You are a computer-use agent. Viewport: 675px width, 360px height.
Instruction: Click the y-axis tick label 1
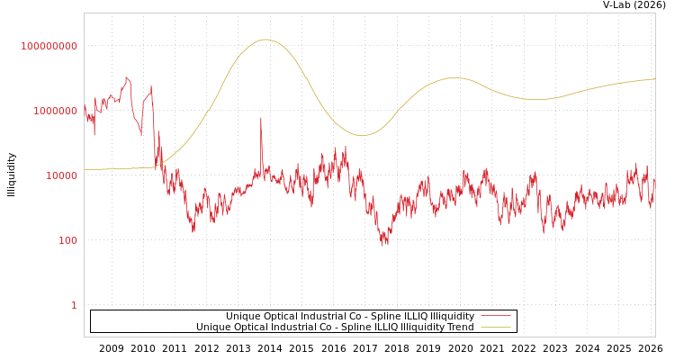[74, 305]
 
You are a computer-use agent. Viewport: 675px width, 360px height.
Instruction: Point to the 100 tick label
[68, 240]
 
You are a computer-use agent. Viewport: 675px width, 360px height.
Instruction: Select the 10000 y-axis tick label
[62, 175]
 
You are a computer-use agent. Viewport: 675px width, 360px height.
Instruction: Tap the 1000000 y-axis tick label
[56, 111]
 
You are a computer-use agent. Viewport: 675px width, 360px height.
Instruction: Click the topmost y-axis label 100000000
[49, 46]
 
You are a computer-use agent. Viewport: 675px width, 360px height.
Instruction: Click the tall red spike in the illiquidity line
[262, 118]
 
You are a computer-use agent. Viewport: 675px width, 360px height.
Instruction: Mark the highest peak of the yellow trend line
[265, 40]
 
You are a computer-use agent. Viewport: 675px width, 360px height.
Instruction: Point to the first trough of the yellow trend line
[363, 135]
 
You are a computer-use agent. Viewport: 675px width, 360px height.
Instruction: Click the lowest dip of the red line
[385, 244]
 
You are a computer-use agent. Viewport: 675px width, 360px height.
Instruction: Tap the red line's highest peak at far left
[127, 78]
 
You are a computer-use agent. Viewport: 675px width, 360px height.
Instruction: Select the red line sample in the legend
[495, 316]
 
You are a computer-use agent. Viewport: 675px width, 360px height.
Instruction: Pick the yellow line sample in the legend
[495, 327]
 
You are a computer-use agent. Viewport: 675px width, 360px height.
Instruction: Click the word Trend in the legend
[460, 327]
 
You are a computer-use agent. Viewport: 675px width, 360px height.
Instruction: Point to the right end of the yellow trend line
[654, 79]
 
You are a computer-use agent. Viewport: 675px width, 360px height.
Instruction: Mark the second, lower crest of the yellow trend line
[454, 77]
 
